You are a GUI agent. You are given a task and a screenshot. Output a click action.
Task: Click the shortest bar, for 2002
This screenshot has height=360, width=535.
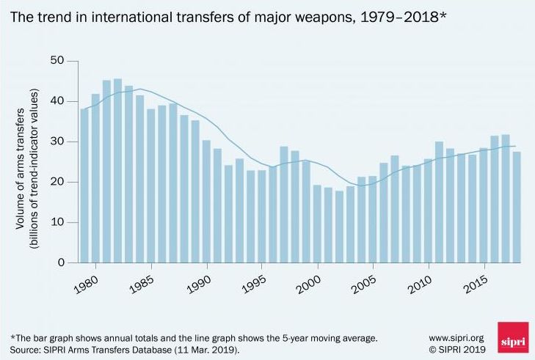[339, 227]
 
